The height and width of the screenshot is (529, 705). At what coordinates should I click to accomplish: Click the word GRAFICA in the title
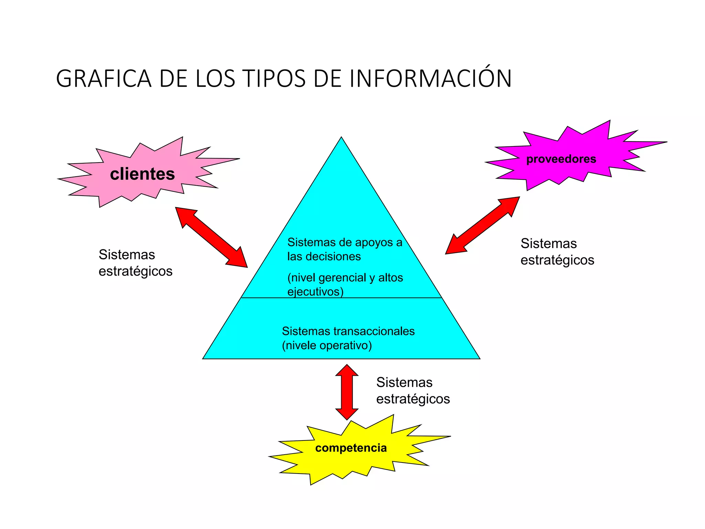click(x=103, y=79)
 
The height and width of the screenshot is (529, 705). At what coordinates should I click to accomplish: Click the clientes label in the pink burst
click(x=142, y=174)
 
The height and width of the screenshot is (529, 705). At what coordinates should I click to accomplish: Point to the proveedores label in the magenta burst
click(x=561, y=159)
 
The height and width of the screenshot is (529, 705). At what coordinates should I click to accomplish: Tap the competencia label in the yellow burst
click(x=351, y=448)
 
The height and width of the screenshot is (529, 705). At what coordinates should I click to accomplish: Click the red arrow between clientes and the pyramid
click(x=211, y=237)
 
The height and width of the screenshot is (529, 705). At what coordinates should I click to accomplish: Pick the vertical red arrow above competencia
click(x=347, y=392)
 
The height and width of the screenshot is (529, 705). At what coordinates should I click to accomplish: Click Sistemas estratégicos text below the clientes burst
click(x=135, y=263)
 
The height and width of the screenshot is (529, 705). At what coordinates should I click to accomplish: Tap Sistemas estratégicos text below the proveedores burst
click(x=557, y=252)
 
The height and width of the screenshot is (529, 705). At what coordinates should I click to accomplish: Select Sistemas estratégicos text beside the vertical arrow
click(x=413, y=391)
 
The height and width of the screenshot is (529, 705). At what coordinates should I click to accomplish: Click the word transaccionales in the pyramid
click(x=374, y=331)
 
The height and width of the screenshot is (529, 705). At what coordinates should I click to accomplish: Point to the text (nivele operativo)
click(x=327, y=345)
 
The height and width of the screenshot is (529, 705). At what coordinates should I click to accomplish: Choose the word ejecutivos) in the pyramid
click(x=315, y=292)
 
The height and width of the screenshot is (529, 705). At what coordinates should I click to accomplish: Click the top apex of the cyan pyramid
click(x=341, y=139)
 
